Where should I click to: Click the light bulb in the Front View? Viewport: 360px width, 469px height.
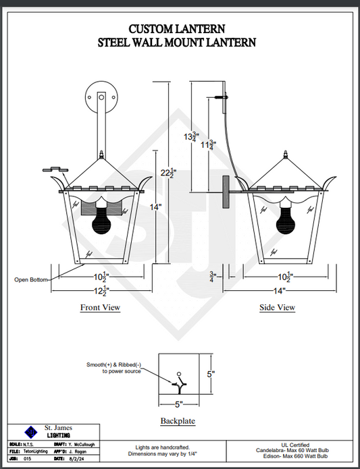(x=101, y=217)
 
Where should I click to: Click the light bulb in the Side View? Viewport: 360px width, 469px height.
(x=286, y=217)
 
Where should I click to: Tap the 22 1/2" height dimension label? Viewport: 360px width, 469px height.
(x=168, y=173)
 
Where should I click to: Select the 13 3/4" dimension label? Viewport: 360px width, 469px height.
(x=192, y=137)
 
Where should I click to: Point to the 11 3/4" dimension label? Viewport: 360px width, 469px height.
(x=209, y=145)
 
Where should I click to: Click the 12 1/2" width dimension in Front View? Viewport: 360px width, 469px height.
(x=101, y=291)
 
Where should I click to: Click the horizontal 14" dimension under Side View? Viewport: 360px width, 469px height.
(x=280, y=291)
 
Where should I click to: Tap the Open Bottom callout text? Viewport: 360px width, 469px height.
(x=31, y=279)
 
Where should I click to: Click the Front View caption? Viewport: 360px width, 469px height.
(x=100, y=308)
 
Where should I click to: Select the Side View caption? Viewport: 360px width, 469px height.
(x=278, y=308)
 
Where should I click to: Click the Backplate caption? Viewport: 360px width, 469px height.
(x=178, y=421)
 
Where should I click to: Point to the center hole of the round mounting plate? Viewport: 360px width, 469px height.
(x=101, y=97)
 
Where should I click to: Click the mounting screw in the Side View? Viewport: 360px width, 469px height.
(x=221, y=97)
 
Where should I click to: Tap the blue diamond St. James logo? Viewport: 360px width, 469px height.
(x=31, y=432)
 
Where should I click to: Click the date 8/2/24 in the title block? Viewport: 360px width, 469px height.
(x=74, y=458)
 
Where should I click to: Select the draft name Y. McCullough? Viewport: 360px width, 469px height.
(x=82, y=445)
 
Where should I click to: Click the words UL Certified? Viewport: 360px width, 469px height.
(x=295, y=445)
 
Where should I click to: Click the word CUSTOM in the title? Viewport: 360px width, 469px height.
(x=151, y=29)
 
